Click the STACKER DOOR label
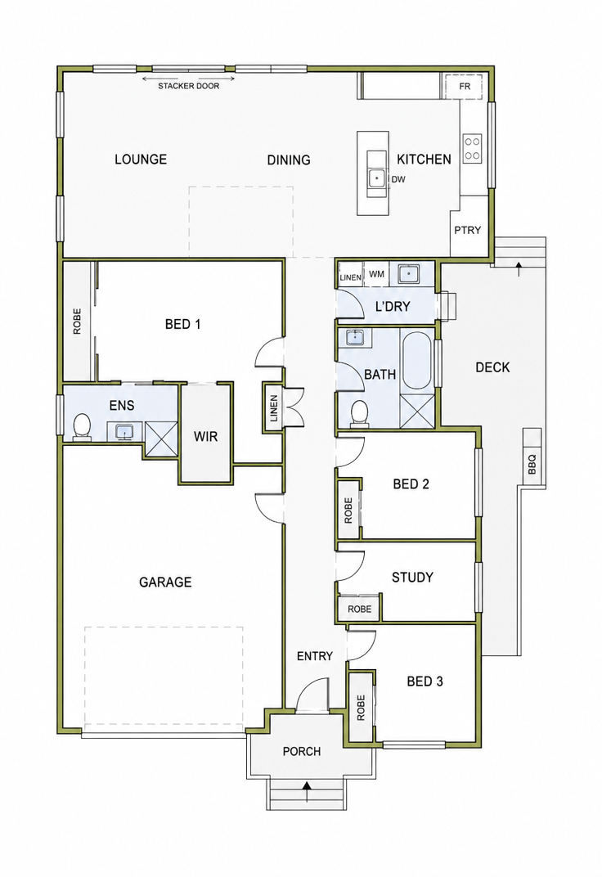pos(188,86)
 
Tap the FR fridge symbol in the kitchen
pos(464,86)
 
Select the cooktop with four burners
pos(472,148)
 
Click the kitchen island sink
pos(377,178)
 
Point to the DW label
pos(398,179)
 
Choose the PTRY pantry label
pos(467,230)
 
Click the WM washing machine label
pos(377,275)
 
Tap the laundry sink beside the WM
pos(410,274)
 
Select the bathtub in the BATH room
pos(416,361)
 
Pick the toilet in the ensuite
pos(82,427)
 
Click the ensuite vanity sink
pos(124,431)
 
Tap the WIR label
pos(205,436)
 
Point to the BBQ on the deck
pos(532,459)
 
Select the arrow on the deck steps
pos(519,268)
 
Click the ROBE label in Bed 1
pos(77,322)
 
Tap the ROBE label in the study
pos(359,609)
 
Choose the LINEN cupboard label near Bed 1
pos(273,407)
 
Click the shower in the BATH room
pos(417,410)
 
